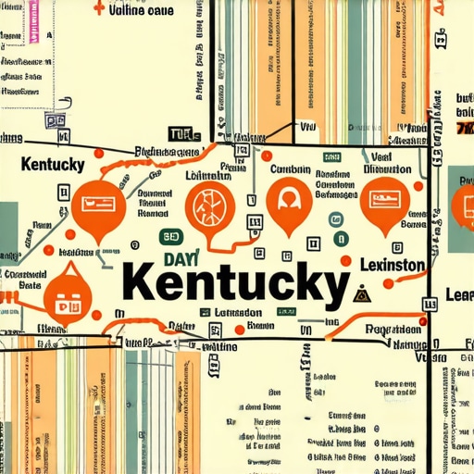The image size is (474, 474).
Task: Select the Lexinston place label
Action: (393, 266)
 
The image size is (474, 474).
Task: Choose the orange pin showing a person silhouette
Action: (286, 199)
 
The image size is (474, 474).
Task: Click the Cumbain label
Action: (289, 170)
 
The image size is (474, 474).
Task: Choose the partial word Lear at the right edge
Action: (459, 294)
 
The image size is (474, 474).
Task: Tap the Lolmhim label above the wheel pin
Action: (209, 176)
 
